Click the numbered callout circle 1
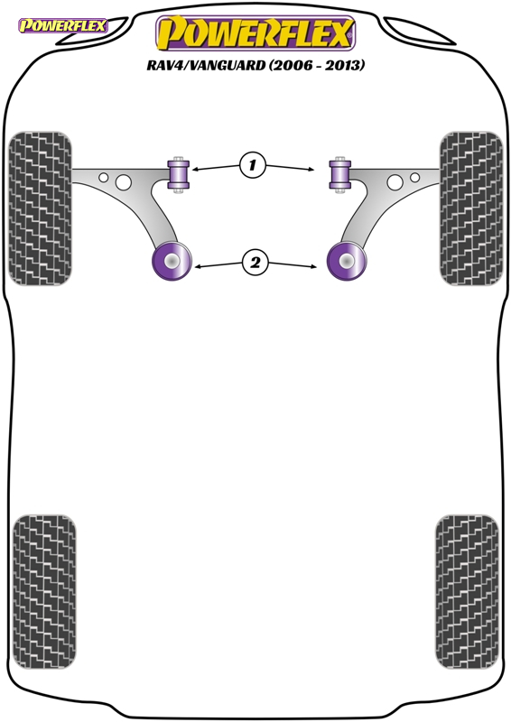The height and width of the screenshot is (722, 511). (253, 165)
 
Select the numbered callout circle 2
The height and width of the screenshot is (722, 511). (255, 263)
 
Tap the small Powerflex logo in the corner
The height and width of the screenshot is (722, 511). (63, 25)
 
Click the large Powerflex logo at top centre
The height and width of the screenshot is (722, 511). (255, 33)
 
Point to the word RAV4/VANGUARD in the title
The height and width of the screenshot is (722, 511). (206, 65)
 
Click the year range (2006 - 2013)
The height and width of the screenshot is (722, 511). (317, 65)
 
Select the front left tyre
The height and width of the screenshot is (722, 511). (40, 208)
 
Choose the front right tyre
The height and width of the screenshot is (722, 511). (471, 208)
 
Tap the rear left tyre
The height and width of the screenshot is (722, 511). (44, 592)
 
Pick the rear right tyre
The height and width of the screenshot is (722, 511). (467, 592)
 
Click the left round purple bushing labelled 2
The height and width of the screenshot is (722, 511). (172, 261)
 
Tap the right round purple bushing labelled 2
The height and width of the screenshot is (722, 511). (347, 261)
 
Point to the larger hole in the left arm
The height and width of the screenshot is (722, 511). (124, 182)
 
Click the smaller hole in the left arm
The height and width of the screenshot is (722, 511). (104, 177)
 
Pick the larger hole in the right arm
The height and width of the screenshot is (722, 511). (395, 182)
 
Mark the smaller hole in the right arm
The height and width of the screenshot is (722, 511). (414, 177)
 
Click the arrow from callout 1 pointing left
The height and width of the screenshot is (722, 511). (216, 168)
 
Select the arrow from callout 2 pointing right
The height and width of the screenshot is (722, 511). (293, 264)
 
